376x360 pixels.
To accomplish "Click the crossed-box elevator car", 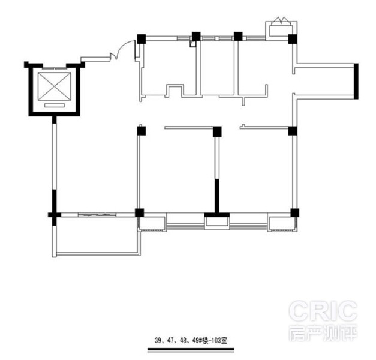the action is click(x=55, y=86).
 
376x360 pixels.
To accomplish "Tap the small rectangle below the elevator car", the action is click(x=55, y=105).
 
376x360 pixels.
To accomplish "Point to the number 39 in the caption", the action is click(x=158, y=341).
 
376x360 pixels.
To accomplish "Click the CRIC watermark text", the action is click(x=323, y=311).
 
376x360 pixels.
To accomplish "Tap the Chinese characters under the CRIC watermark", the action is click(x=323, y=333).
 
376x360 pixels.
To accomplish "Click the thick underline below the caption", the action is click(x=191, y=349).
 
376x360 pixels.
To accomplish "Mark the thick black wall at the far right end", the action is click(x=356, y=82).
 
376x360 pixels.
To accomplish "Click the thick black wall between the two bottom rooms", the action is click(x=216, y=196).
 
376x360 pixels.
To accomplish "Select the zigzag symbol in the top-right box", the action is click(x=281, y=20).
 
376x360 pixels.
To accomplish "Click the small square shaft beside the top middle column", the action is click(x=192, y=44).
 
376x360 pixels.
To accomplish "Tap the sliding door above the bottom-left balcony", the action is click(x=97, y=215).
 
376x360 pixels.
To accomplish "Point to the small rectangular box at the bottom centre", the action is click(x=216, y=221).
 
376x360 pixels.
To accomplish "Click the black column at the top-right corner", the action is click(x=293, y=39).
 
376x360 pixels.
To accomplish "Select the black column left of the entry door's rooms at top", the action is click(x=142, y=39).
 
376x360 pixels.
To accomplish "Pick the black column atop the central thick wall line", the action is click(x=217, y=132).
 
